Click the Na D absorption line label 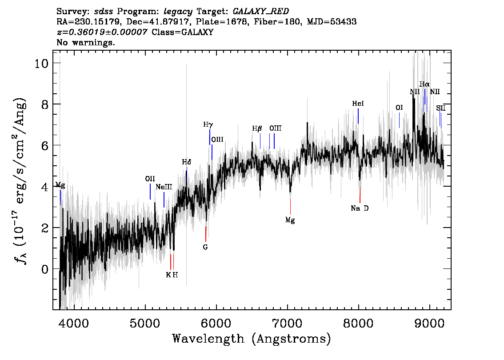point(360,208)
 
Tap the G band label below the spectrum point(205,247)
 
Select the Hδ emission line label point(186,162)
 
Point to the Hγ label point(208,124)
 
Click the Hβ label point(257,128)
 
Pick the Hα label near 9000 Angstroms point(424,84)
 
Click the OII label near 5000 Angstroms point(150,179)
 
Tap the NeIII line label point(164,187)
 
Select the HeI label point(358,104)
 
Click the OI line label point(399,108)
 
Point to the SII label point(440,108)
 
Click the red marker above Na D point(360,195)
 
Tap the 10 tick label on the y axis point(42,63)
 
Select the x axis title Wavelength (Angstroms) point(252,339)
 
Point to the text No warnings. point(86,43)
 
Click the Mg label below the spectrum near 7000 point(290,220)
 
